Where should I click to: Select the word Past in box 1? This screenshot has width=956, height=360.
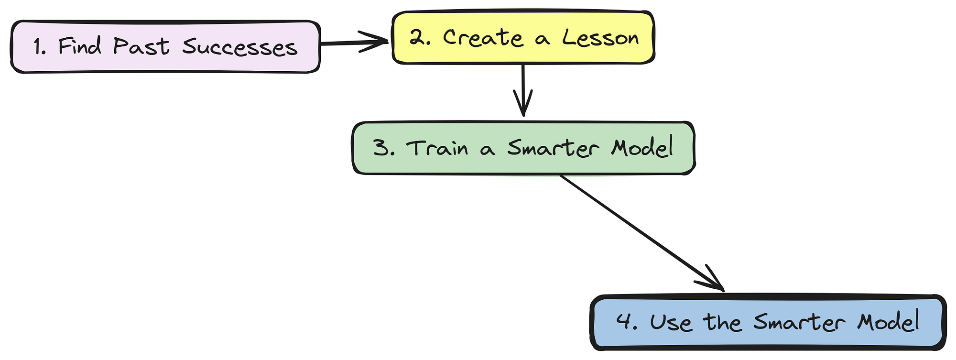pos(141,46)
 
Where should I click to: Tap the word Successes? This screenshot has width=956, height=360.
pos(240,47)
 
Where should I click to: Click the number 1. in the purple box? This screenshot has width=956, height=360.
pos(40,47)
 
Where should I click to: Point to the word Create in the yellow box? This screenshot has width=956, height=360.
pos(483,37)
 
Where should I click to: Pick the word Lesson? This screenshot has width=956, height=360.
pos(600,37)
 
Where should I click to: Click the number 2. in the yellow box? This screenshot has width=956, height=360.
pos(420,37)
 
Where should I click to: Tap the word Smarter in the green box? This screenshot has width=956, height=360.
pos(553,148)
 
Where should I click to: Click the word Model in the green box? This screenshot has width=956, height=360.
pos(642,147)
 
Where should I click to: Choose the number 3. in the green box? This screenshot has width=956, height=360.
pos(384,148)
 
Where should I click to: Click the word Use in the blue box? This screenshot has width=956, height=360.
pos(671,322)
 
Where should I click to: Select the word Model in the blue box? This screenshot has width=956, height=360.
pos(888,321)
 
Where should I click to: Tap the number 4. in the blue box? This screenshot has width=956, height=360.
pos(627,322)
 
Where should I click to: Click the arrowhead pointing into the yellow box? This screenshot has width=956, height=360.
pos(380,41)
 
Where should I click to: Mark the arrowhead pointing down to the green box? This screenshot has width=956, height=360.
pos(523,108)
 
